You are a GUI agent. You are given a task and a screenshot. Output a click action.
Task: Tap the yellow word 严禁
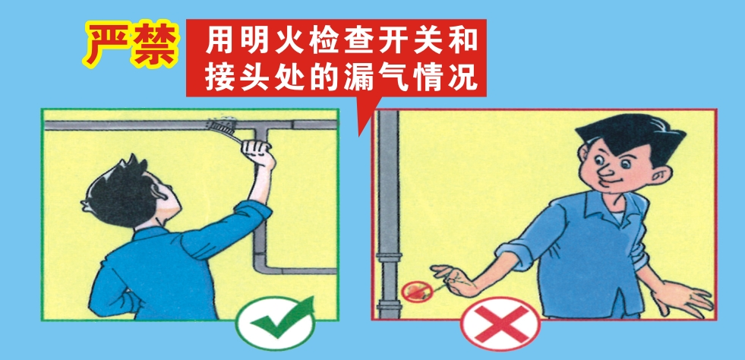point(131,43)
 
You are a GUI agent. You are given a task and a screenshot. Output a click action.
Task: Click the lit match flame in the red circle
point(415,290)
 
